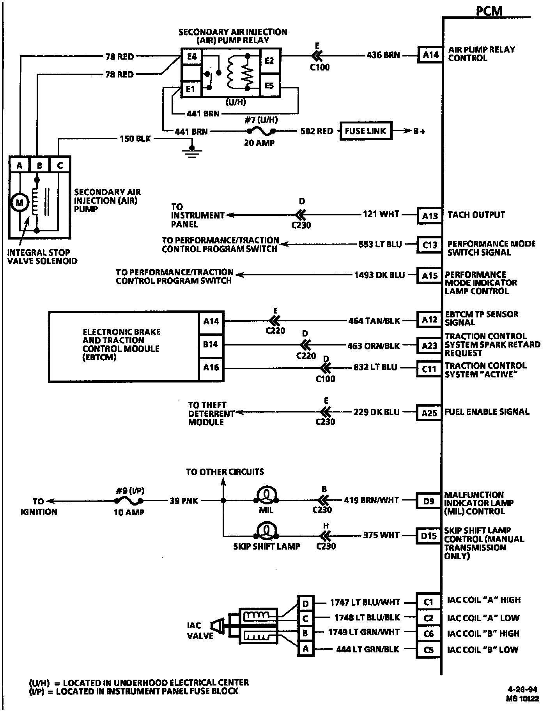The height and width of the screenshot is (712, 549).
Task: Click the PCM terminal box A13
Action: click(x=430, y=215)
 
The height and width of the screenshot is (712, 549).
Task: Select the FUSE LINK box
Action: click(x=365, y=131)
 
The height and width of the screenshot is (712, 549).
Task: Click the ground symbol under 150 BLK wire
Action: click(x=191, y=152)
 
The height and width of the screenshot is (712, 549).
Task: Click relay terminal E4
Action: click(x=191, y=57)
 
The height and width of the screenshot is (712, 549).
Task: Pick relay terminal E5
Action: click(x=269, y=85)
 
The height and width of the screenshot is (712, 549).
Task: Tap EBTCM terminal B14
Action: click(x=211, y=344)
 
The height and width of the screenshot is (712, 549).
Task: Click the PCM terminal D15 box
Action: click(x=429, y=536)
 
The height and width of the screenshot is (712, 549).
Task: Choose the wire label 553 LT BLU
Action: click(x=380, y=244)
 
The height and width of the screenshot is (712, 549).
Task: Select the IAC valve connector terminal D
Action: click(x=305, y=604)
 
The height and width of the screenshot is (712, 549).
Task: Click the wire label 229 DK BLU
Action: click(x=376, y=412)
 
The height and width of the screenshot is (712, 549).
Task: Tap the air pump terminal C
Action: click(x=60, y=165)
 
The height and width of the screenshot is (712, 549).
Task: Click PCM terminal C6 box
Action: click(x=428, y=634)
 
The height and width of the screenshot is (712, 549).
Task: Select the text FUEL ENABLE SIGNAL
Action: click(x=487, y=412)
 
